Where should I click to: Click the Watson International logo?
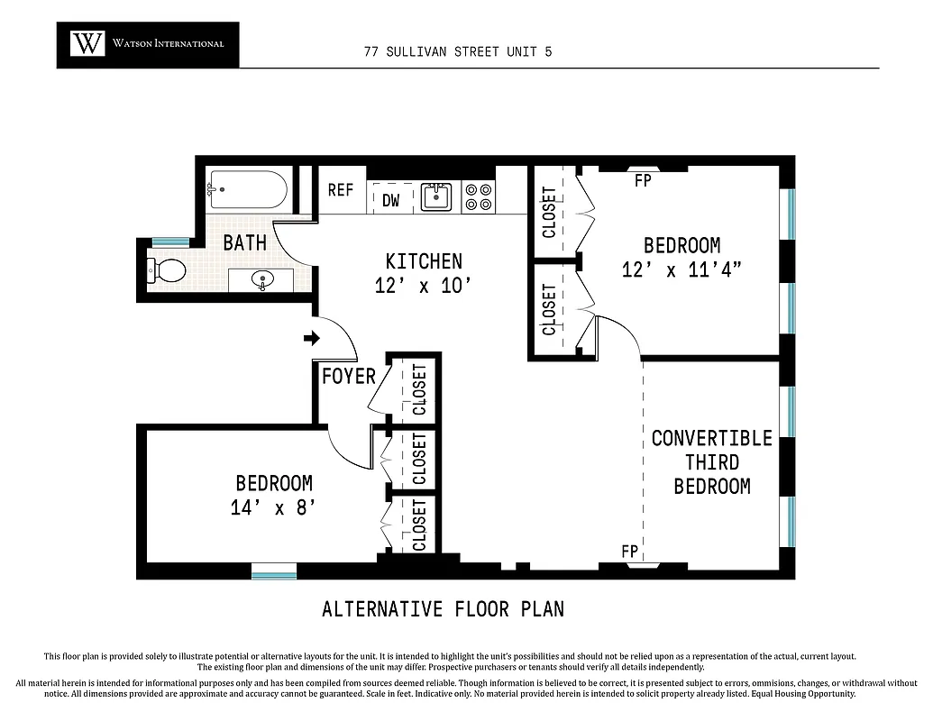click(148, 44)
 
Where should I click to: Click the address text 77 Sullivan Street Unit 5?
click(458, 51)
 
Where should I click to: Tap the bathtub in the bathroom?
click(247, 190)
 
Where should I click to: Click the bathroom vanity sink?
click(263, 279)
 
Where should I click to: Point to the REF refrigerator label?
click(340, 190)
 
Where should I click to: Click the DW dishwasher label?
click(390, 200)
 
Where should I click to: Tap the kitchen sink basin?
click(436, 196)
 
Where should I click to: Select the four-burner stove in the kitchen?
click(478, 197)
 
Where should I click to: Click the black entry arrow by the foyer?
click(312, 339)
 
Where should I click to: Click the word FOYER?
click(348, 376)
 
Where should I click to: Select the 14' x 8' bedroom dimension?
click(273, 507)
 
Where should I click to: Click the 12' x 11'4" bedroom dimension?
click(681, 269)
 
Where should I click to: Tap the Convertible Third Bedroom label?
click(711, 462)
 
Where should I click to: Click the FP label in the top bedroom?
click(642, 180)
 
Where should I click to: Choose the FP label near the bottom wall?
click(629, 551)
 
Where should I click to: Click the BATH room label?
click(244, 242)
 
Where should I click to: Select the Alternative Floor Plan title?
click(443, 609)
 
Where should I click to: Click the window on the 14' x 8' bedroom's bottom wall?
click(273, 570)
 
